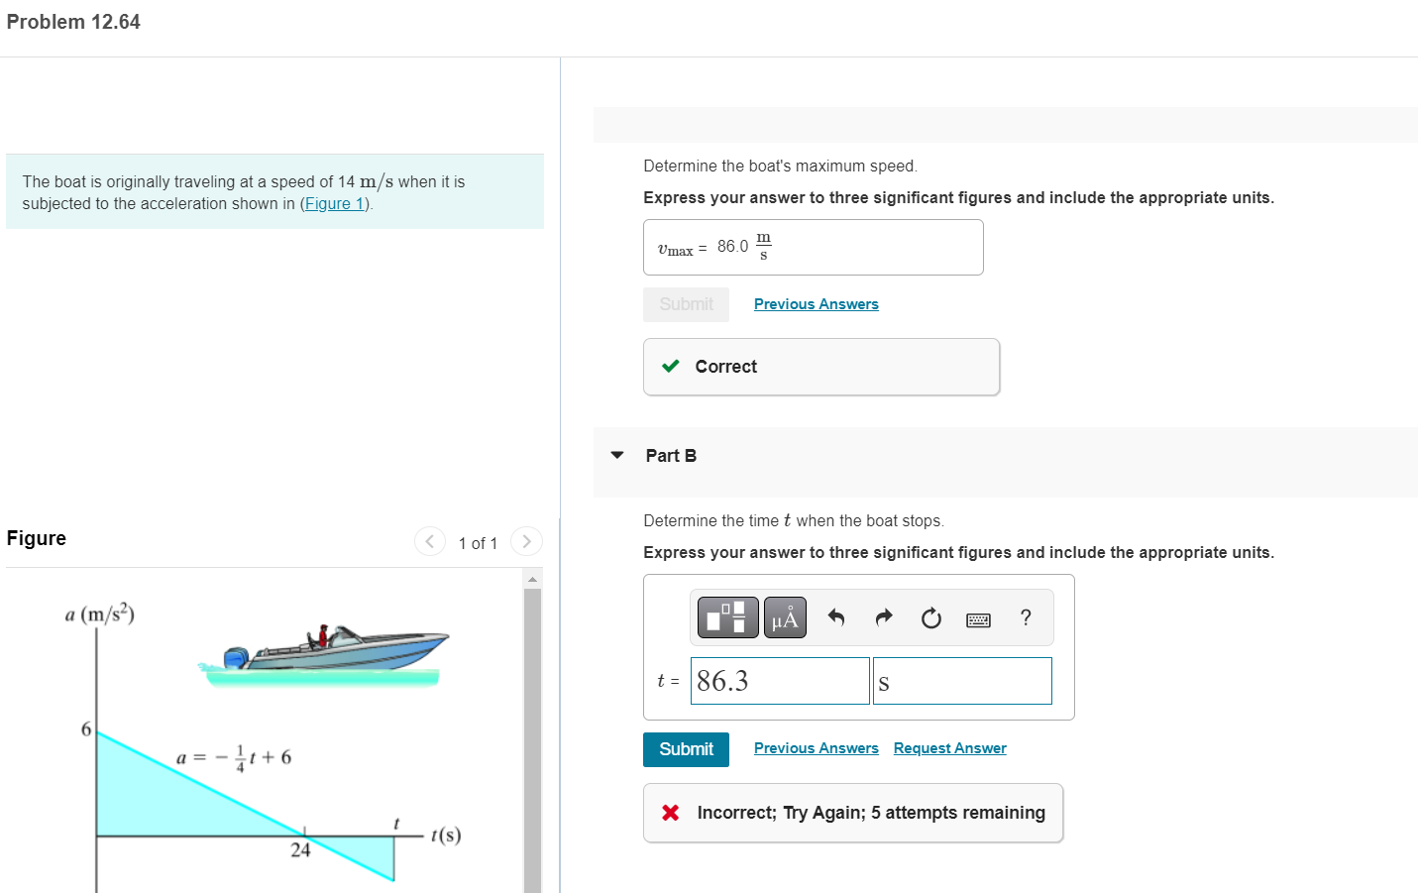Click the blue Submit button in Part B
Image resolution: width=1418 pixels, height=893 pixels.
(686, 749)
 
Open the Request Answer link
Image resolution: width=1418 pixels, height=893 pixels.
(949, 748)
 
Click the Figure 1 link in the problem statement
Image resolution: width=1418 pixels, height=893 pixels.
(334, 203)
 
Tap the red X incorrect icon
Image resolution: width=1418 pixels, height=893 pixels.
(671, 813)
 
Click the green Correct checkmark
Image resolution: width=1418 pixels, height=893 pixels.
(671, 366)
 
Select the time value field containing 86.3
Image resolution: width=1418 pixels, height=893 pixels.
(779, 681)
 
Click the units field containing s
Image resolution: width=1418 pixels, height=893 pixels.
(961, 681)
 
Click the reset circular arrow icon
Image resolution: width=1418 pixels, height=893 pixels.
(930, 618)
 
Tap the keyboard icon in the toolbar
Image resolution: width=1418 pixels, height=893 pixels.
(978, 619)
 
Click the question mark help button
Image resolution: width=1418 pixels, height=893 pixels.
(1026, 617)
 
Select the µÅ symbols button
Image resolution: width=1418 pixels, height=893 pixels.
(785, 617)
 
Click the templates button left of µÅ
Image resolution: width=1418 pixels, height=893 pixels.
(728, 617)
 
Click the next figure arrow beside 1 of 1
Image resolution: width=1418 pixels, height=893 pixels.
(526, 541)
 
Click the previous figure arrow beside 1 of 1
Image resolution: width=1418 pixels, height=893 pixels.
(429, 541)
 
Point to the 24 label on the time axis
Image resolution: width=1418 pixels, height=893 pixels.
(300, 850)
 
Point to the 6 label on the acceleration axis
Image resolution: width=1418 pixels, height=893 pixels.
(86, 729)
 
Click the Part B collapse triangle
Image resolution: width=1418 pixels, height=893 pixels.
(617, 455)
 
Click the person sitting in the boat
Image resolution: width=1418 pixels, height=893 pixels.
(322, 636)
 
